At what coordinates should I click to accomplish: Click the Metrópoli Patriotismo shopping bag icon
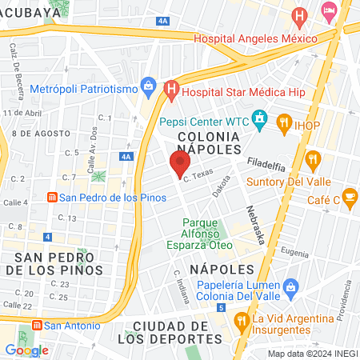(148, 84)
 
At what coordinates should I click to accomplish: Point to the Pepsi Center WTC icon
(259, 122)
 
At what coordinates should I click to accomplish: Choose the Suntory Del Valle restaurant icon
(314, 158)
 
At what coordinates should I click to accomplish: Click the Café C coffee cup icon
(350, 196)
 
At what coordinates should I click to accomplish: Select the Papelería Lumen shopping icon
(290, 286)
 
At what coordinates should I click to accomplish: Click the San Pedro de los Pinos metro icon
(52, 197)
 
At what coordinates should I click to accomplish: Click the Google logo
(26, 350)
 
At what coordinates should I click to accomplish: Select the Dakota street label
(222, 186)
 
